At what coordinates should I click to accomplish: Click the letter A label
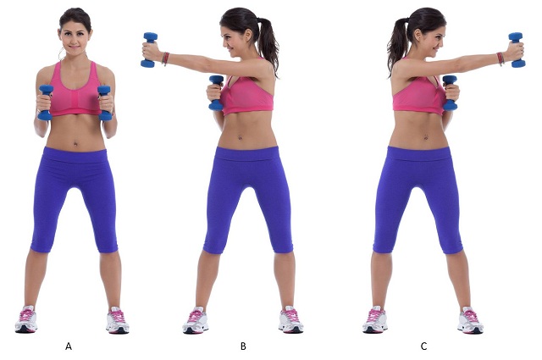pyautogui.click(x=69, y=346)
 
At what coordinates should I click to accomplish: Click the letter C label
pyautogui.click(x=423, y=346)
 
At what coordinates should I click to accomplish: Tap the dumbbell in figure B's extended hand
pyautogui.click(x=151, y=49)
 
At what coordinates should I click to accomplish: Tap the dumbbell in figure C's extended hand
pyautogui.click(x=517, y=50)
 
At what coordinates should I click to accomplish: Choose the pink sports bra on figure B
pyautogui.click(x=248, y=96)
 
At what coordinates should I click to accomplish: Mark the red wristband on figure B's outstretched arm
pyautogui.click(x=165, y=59)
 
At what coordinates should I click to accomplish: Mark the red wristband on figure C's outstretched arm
pyautogui.click(x=501, y=59)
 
